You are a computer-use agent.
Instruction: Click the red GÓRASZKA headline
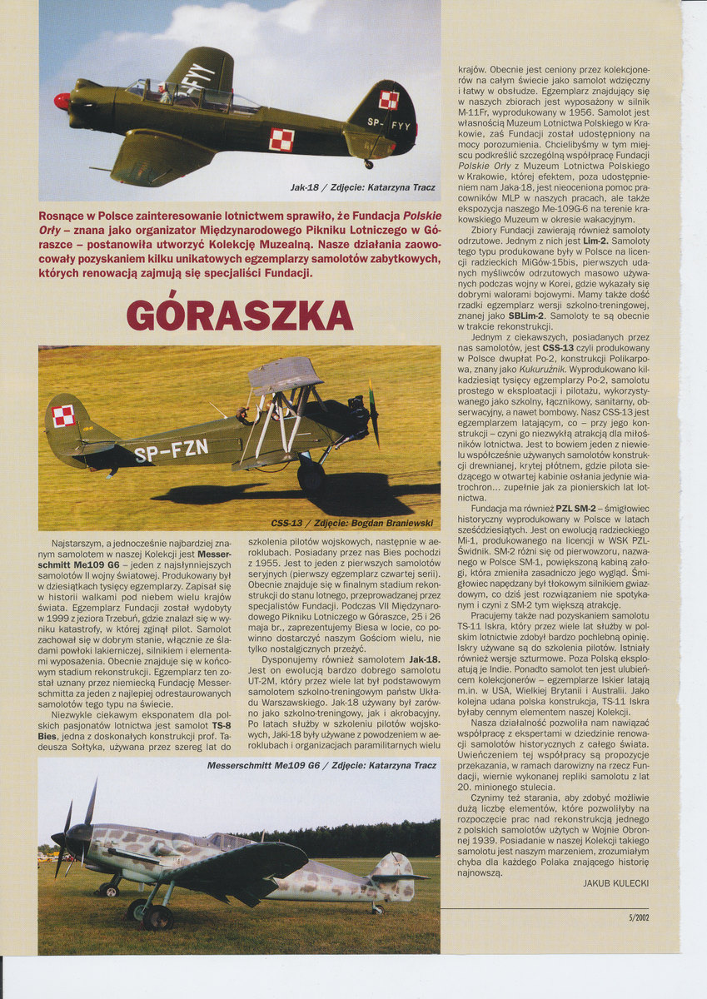tap(240, 316)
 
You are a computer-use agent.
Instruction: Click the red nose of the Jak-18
tap(62, 101)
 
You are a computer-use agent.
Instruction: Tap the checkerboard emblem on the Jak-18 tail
tap(389, 101)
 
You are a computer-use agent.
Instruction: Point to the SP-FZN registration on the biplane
tap(171, 451)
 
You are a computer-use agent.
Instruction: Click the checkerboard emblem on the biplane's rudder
tap(63, 415)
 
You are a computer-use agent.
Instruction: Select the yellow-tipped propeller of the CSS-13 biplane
tap(373, 414)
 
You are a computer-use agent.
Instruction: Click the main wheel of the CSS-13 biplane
tap(311, 476)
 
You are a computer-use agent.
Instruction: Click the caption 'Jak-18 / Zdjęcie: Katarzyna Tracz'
tap(363, 187)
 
